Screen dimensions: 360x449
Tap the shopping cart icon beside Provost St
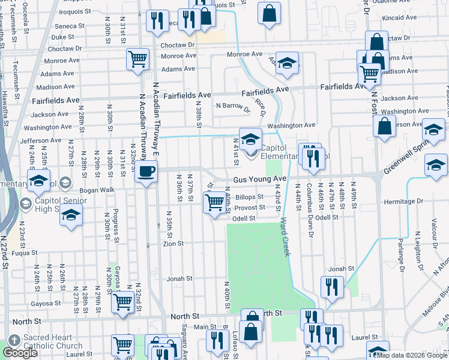pyautogui.click(x=214, y=204)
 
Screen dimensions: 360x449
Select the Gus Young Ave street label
pyautogui.click(x=260, y=179)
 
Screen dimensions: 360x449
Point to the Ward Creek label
pyautogui.click(x=285, y=237)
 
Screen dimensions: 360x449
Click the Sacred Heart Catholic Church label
pyautogui.click(x=52, y=342)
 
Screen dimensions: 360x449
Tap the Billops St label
pyautogui.click(x=249, y=197)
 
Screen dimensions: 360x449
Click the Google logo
pyautogui.click(x=20, y=353)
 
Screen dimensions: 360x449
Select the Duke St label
pyautogui.click(x=63, y=37)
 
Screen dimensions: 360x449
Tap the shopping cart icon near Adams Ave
pyautogui.click(x=137, y=60)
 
